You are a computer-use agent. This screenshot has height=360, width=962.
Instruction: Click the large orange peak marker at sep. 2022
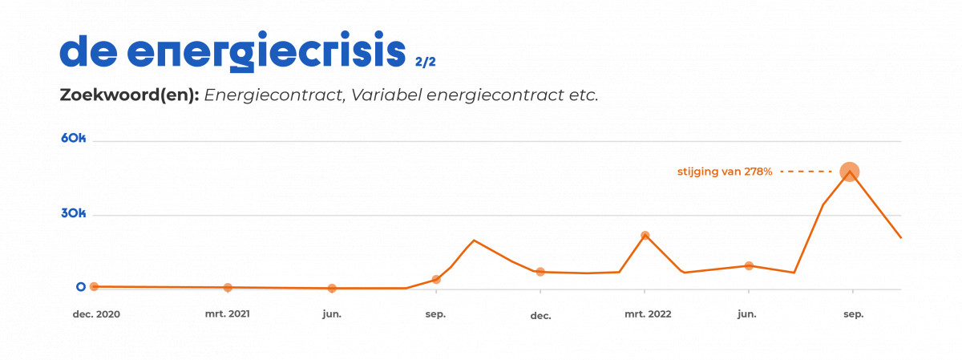pos(850,172)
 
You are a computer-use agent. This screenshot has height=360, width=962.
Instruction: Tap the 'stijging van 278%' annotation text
pos(725,172)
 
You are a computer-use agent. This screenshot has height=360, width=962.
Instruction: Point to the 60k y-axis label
pos(73,138)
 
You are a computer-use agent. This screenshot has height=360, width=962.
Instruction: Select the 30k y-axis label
pos(73,214)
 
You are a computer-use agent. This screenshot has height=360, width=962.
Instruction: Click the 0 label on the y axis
pos(80,286)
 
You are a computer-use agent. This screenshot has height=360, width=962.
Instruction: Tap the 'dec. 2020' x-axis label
pos(96,314)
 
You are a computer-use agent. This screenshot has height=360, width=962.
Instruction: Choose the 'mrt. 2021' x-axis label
pos(228,314)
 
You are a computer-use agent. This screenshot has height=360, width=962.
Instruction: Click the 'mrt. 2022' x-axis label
pos(648,314)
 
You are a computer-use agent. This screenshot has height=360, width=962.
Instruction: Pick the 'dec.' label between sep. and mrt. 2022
pos(540,315)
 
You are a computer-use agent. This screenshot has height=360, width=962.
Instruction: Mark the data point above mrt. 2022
pos(645,236)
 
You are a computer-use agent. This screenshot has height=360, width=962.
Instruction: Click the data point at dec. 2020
pos(94,286)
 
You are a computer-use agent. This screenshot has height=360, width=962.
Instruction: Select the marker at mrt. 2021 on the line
pos(228,287)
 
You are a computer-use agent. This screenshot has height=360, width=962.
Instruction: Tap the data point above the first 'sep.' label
pos(436,279)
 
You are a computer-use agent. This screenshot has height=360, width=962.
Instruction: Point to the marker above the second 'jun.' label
pos(749,265)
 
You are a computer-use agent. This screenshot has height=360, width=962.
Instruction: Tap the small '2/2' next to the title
pos(426,60)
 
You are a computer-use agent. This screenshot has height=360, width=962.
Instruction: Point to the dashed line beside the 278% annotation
pos(806,172)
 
